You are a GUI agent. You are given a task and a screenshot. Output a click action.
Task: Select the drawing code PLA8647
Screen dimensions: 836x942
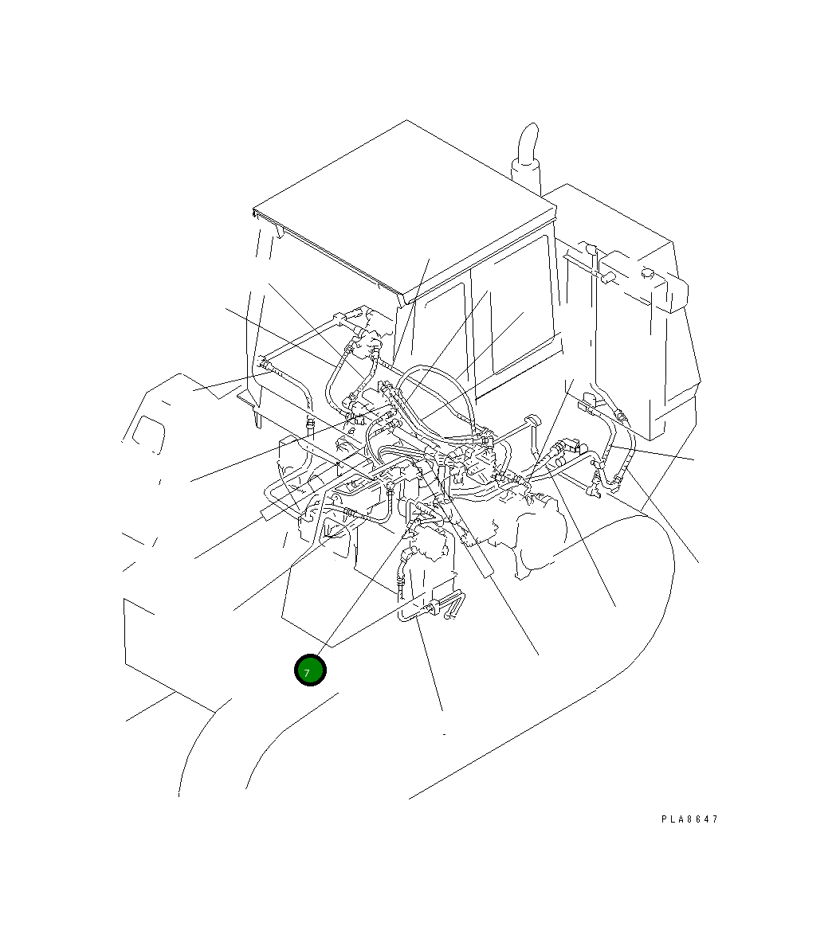coord(689,819)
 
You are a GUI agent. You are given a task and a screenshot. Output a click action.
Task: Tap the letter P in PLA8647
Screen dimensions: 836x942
coord(664,819)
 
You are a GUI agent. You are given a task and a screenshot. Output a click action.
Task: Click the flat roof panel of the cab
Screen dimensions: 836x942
coord(405,207)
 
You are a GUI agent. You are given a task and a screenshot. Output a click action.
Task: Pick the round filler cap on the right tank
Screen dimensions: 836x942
coord(647,273)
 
